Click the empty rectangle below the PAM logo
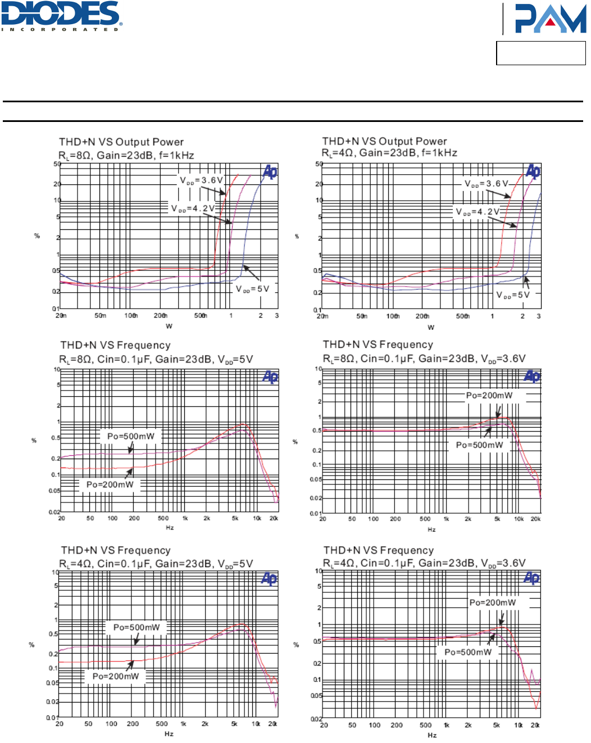(x=540, y=53)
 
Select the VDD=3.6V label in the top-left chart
(x=201, y=180)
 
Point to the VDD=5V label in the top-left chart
(x=252, y=289)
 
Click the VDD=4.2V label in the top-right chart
(x=477, y=212)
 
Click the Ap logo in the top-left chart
(x=270, y=172)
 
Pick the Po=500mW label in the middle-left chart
(x=131, y=436)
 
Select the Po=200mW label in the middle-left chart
(x=110, y=484)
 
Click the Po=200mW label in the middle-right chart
(x=489, y=395)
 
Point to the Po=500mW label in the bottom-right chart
(x=468, y=652)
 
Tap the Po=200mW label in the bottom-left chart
(x=116, y=676)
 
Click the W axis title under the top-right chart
(x=431, y=327)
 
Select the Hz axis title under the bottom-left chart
(x=169, y=734)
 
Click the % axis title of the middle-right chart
(x=295, y=442)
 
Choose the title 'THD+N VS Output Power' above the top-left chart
(x=121, y=142)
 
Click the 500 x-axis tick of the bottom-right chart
(x=426, y=725)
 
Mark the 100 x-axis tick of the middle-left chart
(x=112, y=518)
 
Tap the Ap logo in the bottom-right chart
(x=531, y=578)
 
